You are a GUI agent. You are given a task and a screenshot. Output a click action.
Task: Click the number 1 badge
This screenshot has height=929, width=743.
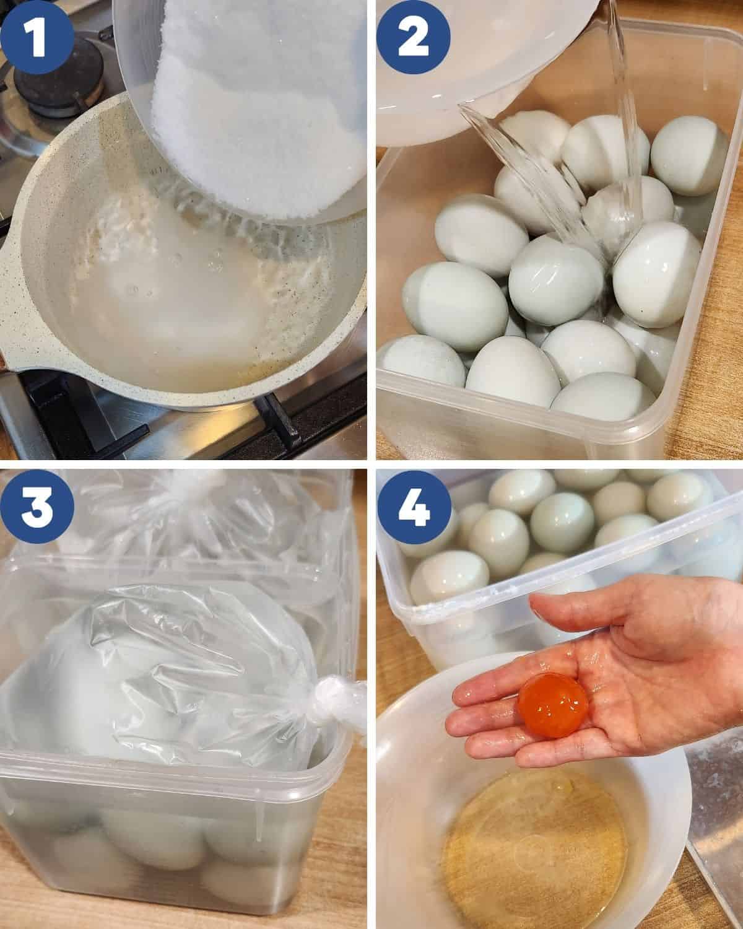coord(37,37)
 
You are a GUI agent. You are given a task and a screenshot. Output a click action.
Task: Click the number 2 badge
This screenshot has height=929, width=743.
coord(413,37)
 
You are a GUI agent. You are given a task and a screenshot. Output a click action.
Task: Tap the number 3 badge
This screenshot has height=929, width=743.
coord(37,507)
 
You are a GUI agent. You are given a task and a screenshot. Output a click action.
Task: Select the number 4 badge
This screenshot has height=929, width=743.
coord(413,507)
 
